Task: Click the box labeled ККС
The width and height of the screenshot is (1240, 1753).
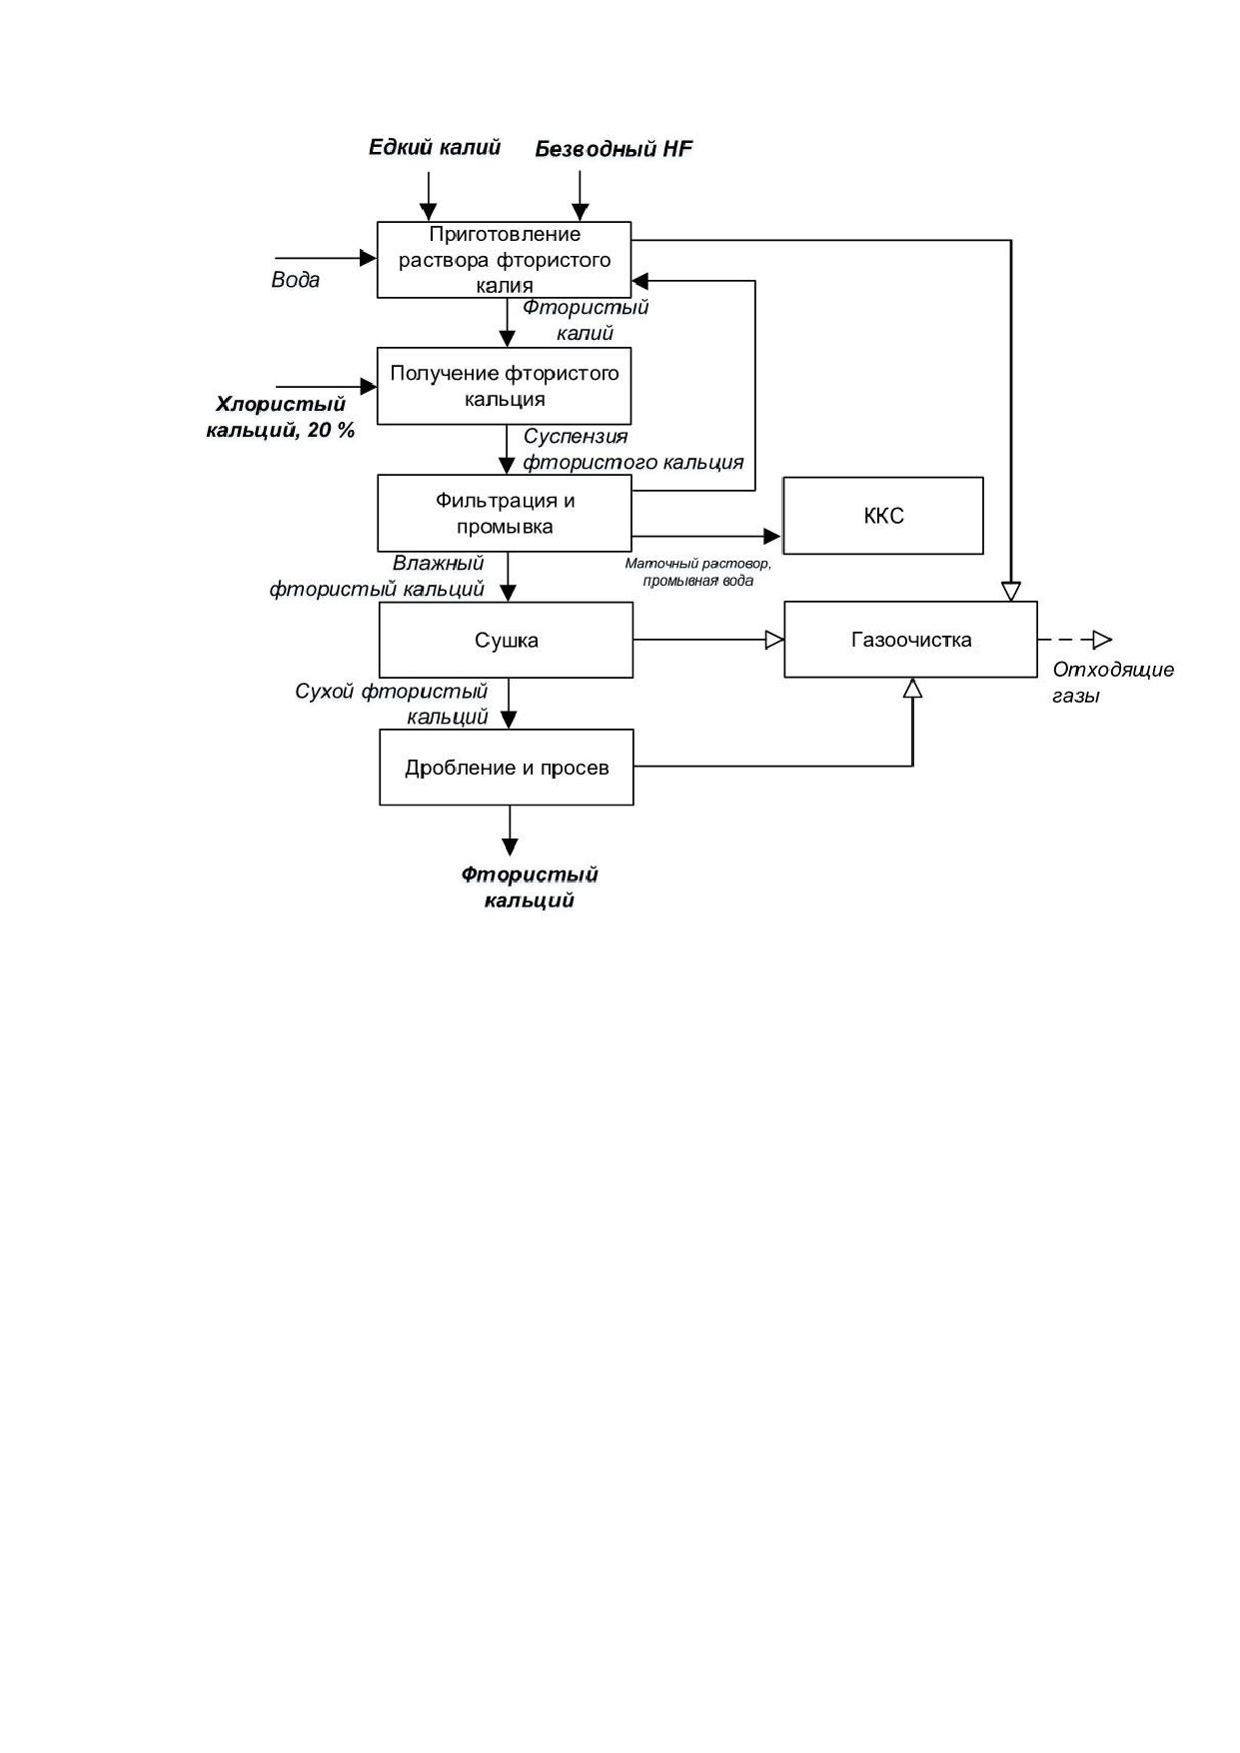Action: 883,516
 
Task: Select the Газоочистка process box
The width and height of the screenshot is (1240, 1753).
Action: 910,640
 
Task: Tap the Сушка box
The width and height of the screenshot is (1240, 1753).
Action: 506,640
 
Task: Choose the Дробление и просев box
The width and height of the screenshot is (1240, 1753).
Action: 507,768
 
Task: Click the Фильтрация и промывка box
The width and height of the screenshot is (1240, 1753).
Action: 505,513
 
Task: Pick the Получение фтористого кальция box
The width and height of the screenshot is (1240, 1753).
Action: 505,386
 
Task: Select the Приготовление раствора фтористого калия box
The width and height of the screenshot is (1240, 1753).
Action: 505,260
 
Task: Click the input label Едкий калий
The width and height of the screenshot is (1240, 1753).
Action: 435,148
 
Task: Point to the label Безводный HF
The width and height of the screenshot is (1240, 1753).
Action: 614,149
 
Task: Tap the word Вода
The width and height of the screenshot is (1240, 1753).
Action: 296,280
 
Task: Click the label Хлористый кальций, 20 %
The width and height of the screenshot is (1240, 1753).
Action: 281,418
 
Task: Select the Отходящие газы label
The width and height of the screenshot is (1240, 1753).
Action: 1113,683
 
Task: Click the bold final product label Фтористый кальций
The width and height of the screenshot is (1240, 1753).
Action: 530,887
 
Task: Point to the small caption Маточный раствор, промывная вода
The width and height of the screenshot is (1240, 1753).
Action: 698,572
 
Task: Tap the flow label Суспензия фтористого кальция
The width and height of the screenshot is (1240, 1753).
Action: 633,450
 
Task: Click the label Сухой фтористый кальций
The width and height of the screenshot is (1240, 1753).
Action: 392,705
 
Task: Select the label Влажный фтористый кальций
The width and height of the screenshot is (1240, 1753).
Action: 378,577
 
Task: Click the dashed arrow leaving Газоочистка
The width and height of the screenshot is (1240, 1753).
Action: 1075,640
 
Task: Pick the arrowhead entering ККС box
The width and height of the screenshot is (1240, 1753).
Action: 772,537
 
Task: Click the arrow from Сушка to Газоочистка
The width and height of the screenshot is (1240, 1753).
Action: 708,640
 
